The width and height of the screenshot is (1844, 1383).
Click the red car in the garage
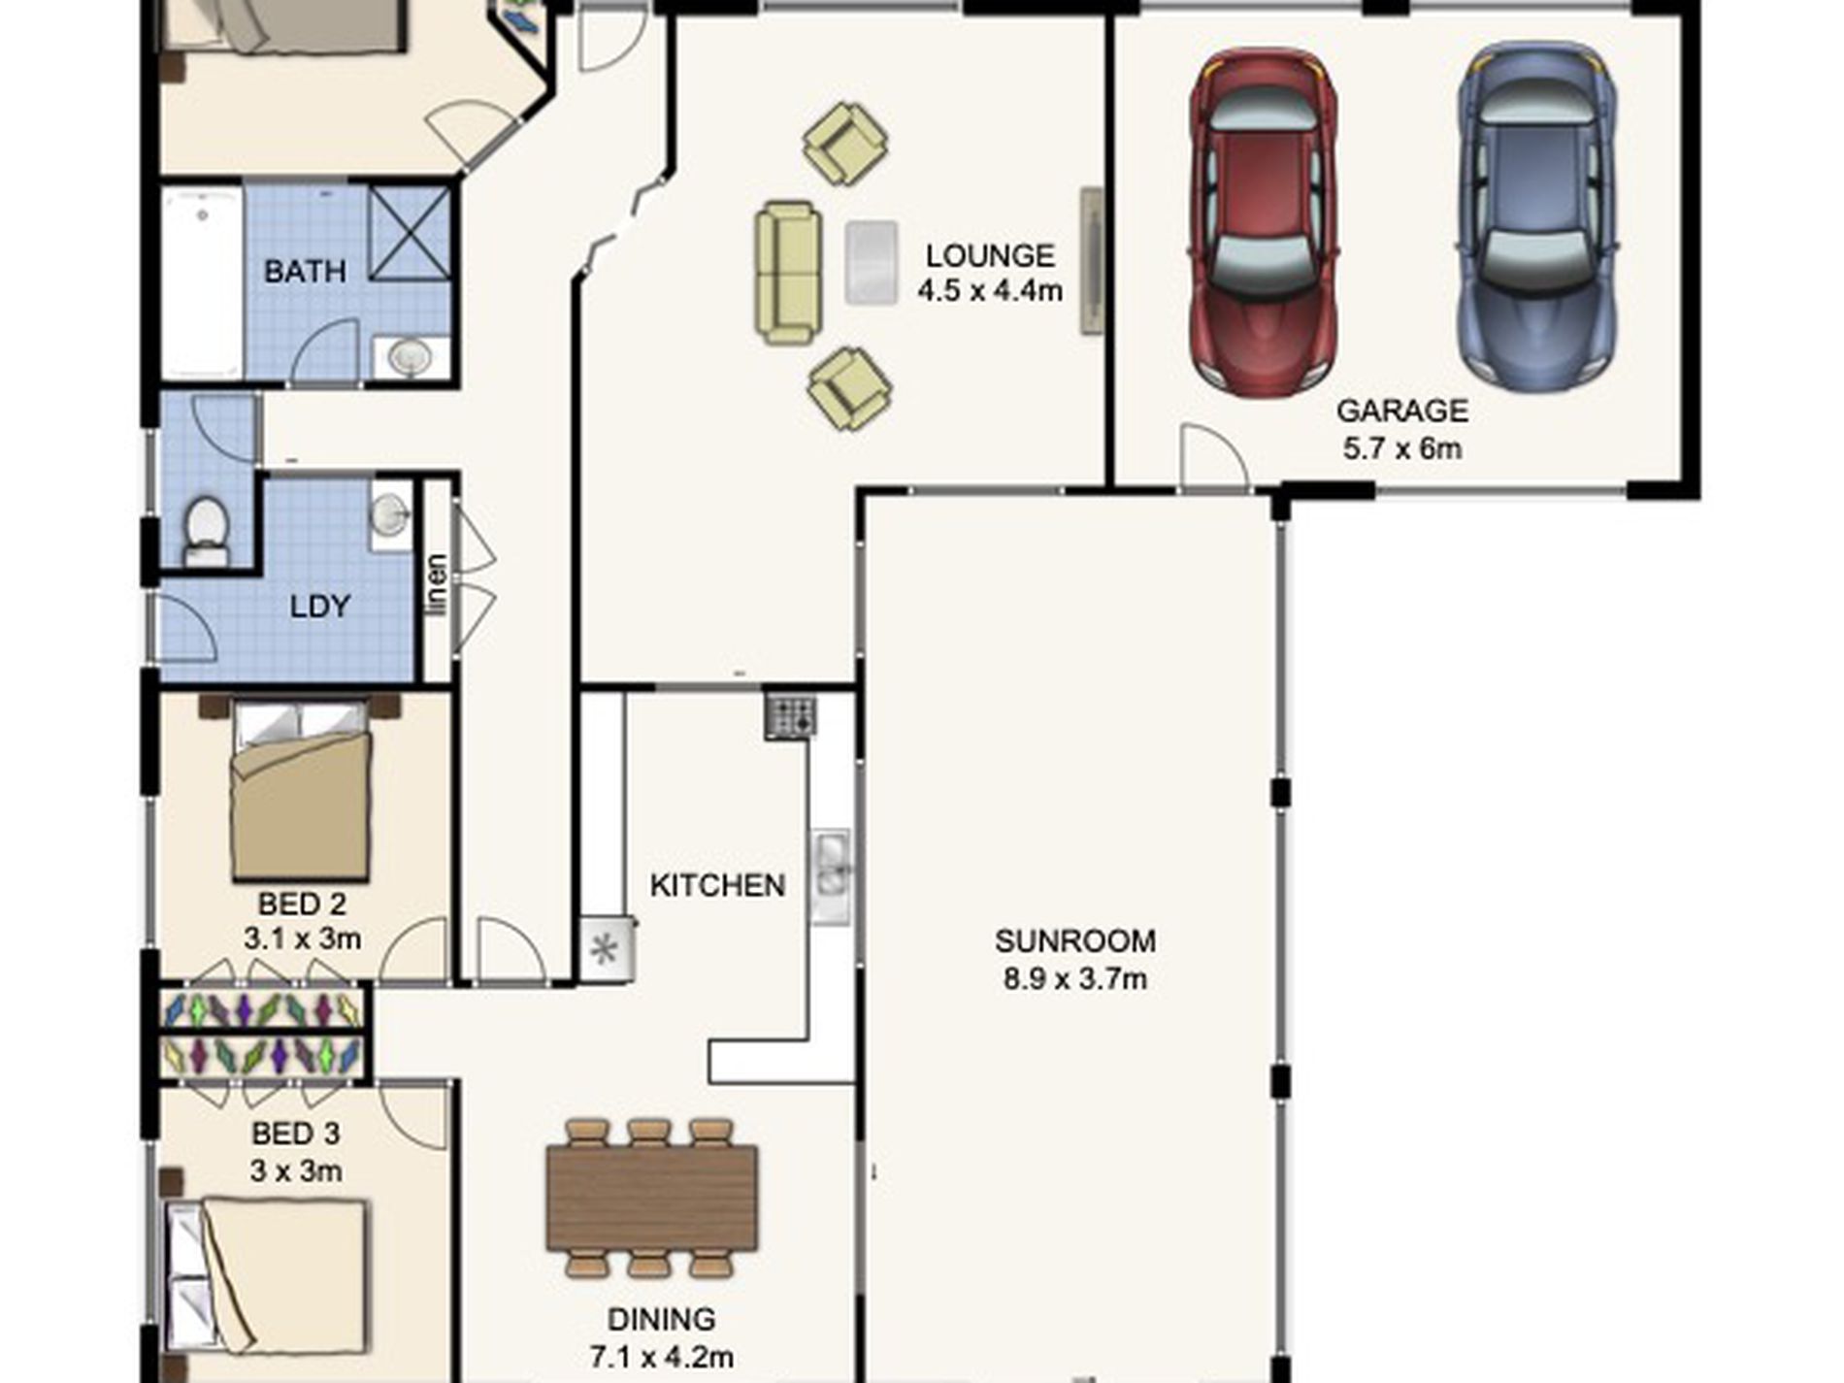[x=1263, y=221]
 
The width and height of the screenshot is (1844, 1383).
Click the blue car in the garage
[x=1537, y=216]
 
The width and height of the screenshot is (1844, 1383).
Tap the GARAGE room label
[x=1401, y=411]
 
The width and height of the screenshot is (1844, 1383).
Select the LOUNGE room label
[x=989, y=255]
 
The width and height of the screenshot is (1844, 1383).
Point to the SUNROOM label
[x=1074, y=940]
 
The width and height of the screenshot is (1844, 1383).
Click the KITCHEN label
[x=717, y=885]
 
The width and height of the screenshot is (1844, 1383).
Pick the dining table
[x=651, y=1197]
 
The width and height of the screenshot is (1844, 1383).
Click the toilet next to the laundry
[x=206, y=531]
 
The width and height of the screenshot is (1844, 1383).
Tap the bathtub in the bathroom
[x=201, y=282]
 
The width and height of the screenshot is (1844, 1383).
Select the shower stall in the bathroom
[x=410, y=232]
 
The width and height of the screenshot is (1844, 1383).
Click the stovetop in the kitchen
[x=790, y=716]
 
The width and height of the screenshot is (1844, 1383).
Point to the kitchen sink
[x=831, y=876]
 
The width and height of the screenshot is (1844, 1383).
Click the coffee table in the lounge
[x=871, y=263]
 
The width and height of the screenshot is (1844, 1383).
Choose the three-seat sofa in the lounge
[x=788, y=273]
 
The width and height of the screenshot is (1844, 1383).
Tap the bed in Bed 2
[x=301, y=791]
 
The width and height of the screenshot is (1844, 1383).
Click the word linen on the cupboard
[x=438, y=584]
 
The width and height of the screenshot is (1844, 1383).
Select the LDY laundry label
[x=319, y=607]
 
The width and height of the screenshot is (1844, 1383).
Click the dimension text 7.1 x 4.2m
[x=661, y=1356]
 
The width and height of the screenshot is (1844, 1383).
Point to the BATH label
[x=305, y=271]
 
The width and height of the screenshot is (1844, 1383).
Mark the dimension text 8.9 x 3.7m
[x=1074, y=978]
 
